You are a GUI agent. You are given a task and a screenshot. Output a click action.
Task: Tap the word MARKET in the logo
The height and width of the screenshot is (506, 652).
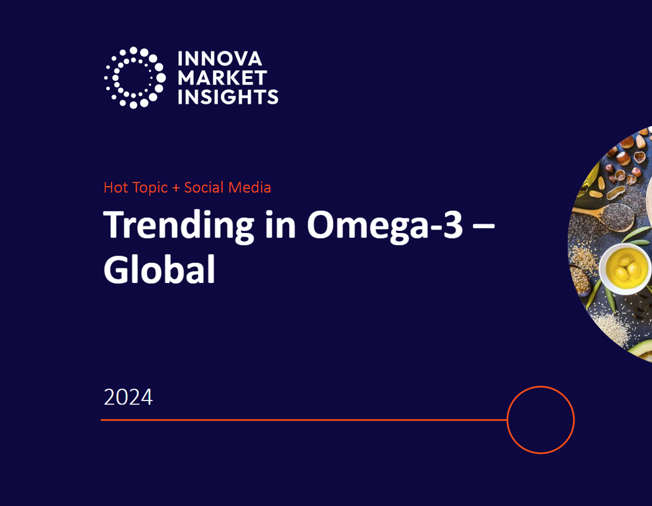(x=222, y=78)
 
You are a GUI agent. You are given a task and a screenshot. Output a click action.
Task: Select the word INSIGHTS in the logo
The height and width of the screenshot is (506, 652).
(x=227, y=97)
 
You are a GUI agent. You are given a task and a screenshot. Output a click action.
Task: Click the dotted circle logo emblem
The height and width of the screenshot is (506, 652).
(x=134, y=77)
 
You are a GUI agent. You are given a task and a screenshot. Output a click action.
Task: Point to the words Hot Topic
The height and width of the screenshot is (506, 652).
(x=136, y=188)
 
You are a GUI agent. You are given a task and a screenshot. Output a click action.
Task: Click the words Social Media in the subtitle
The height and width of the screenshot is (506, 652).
(x=227, y=188)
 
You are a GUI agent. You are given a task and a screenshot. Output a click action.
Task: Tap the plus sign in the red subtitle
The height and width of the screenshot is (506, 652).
(x=176, y=188)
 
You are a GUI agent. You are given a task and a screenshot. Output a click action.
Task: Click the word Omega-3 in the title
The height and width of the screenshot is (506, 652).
(x=375, y=226)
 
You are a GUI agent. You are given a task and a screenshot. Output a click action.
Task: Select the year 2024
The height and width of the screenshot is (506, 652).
(x=128, y=397)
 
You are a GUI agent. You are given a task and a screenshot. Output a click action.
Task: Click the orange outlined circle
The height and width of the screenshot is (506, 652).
(x=540, y=420)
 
